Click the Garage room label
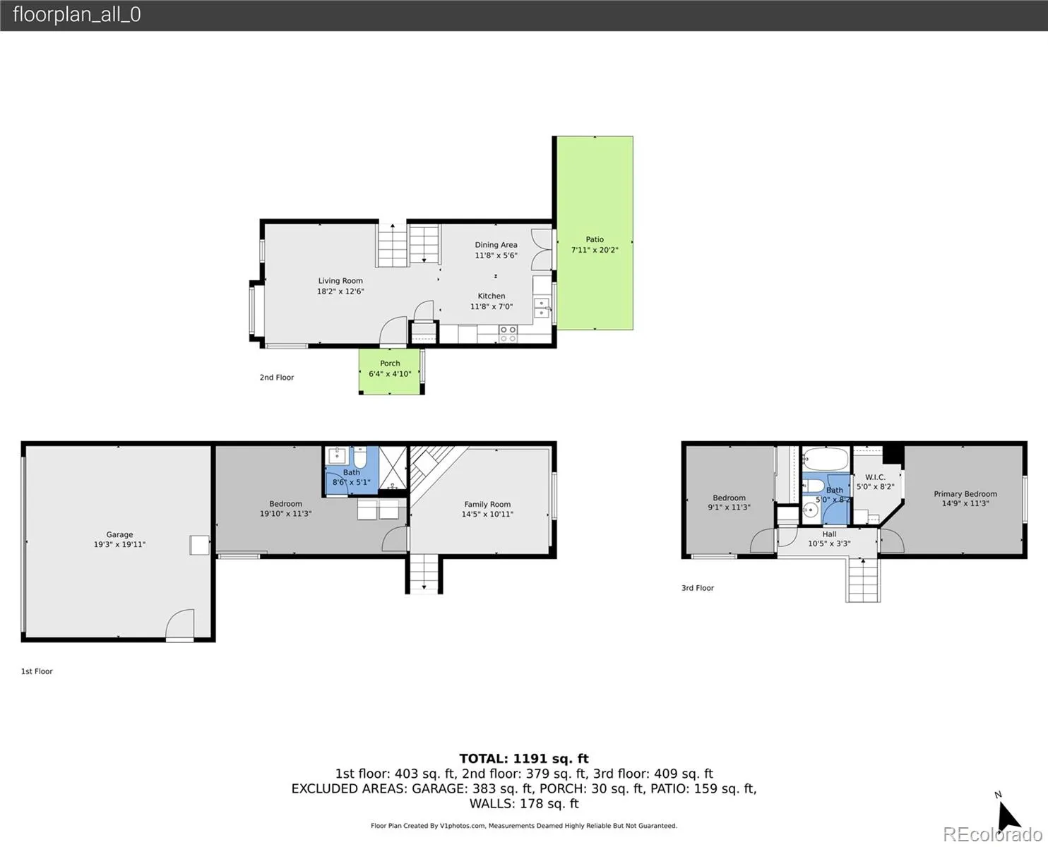[x=119, y=534]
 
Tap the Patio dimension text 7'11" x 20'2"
[x=595, y=250]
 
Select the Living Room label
[x=340, y=281]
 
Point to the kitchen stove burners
[x=508, y=334]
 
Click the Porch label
[x=390, y=364]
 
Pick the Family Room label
[x=487, y=505]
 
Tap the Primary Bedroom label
[x=965, y=493]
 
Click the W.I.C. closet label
[x=875, y=477]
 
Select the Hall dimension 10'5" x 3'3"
[x=829, y=543]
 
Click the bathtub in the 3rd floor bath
[x=826, y=459]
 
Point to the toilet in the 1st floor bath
[x=360, y=457]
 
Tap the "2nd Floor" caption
[x=277, y=378]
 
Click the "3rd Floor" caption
[x=697, y=588]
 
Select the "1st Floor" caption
[x=37, y=671]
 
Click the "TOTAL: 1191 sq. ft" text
[x=524, y=759]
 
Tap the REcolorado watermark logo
[x=992, y=834]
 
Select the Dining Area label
[x=496, y=245]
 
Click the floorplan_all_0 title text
[x=77, y=15]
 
